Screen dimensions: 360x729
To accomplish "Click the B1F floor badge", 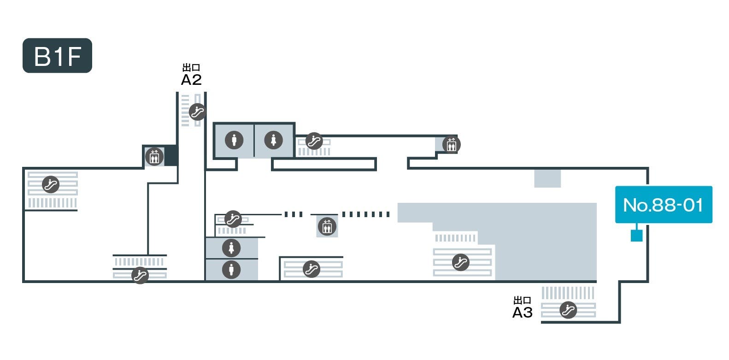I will [x=57, y=56].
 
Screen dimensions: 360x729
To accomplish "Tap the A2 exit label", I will [x=191, y=80].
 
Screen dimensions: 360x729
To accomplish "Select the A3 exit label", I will [x=523, y=313].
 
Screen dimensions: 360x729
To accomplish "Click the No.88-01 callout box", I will [x=664, y=205].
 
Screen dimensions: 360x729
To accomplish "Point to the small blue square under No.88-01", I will [x=636, y=236].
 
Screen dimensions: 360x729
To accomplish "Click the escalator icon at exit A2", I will [x=198, y=112].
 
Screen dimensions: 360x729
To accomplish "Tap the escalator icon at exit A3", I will [x=568, y=310].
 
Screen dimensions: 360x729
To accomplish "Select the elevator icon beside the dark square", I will [x=154, y=157].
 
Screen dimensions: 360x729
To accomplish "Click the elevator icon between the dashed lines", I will [x=327, y=227].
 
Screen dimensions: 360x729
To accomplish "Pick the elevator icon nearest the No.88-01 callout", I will [x=451, y=145].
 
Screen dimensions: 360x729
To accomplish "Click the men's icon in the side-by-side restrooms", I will [x=234, y=139].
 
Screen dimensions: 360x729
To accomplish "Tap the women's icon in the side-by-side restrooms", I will [x=273, y=139].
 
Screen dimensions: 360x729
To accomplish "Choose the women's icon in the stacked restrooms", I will [x=231, y=248].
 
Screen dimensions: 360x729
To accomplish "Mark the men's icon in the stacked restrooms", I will [x=231, y=269].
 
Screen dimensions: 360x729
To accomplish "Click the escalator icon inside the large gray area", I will [x=460, y=262].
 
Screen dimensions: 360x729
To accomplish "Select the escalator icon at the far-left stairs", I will [x=51, y=184].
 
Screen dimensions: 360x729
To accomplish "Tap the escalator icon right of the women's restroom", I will [x=314, y=141].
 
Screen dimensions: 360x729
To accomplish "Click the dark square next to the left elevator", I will [x=171, y=155].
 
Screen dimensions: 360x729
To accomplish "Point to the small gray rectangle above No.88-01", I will [x=547, y=178].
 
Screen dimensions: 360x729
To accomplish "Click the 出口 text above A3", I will [x=523, y=301].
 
